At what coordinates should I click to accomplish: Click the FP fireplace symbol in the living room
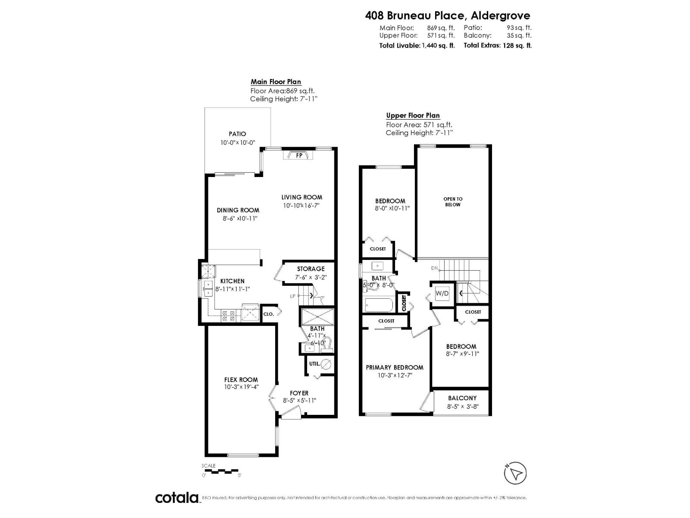[x=298, y=155]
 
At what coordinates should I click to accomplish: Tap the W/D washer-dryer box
[x=442, y=294]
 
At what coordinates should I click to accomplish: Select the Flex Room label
[x=241, y=380]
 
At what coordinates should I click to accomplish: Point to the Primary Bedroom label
[x=395, y=367]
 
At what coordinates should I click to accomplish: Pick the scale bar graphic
[x=220, y=470]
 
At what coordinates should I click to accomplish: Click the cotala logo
[x=177, y=498]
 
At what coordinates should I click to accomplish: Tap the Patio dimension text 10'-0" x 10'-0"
[x=238, y=142]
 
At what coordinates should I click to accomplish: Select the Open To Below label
[x=453, y=202]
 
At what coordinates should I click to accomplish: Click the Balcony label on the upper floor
[x=462, y=398]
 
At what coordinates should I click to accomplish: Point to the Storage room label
[x=310, y=269]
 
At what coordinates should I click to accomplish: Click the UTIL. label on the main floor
[x=315, y=363]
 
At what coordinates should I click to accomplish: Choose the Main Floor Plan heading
[x=276, y=82]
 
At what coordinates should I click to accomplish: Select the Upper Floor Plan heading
[x=413, y=115]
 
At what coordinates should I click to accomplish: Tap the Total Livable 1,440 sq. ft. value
[x=438, y=45]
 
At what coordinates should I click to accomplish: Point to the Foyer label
[x=299, y=393]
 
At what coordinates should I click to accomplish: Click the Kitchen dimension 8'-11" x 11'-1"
[x=232, y=289]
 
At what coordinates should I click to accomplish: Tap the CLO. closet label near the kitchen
[x=268, y=314]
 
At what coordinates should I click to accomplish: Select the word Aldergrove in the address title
[x=500, y=16]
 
